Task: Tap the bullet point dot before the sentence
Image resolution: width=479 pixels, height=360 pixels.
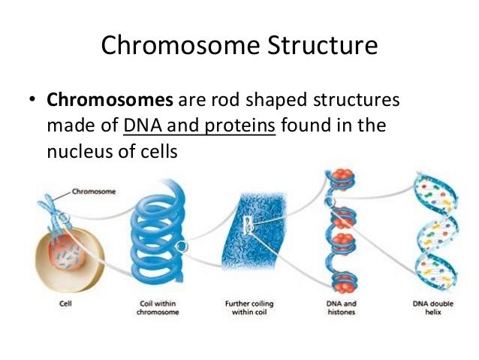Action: click(33, 101)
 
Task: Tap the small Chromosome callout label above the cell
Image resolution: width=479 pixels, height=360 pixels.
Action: click(93, 192)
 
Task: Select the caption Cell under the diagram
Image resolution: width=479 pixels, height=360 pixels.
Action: click(66, 305)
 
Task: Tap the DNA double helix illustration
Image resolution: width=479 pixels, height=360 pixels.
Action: click(433, 233)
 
